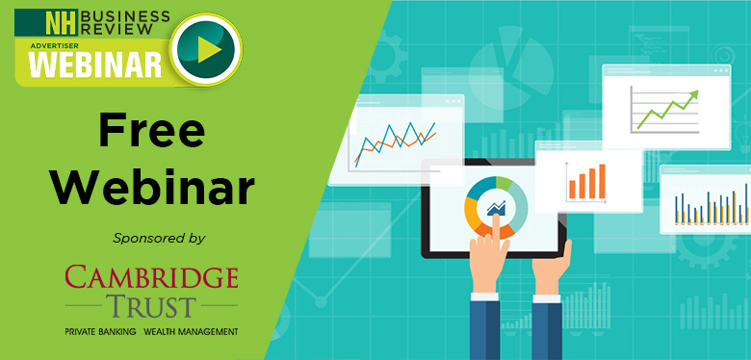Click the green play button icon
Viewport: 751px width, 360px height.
click(206, 49)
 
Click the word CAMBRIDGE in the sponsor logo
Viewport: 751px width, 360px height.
click(151, 278)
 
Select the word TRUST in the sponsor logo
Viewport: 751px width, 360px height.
click(152, 307)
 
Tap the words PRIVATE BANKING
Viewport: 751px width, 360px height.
click(100, 331)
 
